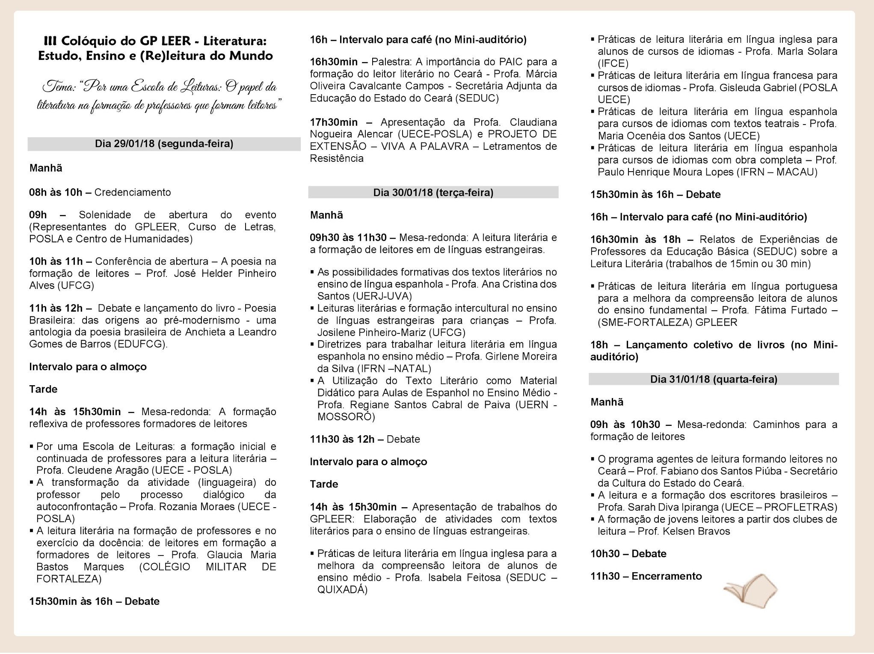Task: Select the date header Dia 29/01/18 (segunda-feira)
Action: [x=164, y=144]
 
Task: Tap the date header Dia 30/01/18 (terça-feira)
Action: [x=433, y=193]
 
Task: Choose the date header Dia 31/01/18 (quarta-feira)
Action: [x=714, y=379]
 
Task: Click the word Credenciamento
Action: [x=132, y=192]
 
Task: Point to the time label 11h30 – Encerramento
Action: [x=646, y=576]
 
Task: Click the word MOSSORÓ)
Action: [x=346, y=417]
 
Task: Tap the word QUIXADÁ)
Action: [x=342, y=590]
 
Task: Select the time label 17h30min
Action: [x=334, y=122]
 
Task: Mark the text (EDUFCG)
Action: [x=141, y=344]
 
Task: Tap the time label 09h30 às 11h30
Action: [x=348, y=238]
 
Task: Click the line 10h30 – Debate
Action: [x=628, y=554]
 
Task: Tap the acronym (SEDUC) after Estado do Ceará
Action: [x=477, y=98]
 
